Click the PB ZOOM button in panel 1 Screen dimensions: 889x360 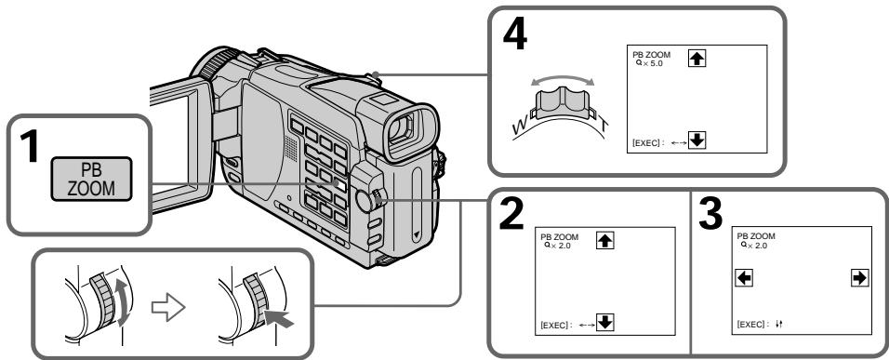pos(91,179)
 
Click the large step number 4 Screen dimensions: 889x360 pos(515,35)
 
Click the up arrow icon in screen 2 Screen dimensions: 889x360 pos(605,240)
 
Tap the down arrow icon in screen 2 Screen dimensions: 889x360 pos(605,323)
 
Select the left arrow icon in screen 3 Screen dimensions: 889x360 pos(744,278)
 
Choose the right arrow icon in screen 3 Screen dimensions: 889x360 pos(860,278)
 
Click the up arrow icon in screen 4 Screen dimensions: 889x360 pos(697,58)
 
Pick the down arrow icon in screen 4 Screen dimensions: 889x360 pos(697,140)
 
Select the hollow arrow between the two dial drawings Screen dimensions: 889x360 pos(167,308)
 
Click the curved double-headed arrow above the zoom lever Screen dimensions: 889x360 pos(563,77)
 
